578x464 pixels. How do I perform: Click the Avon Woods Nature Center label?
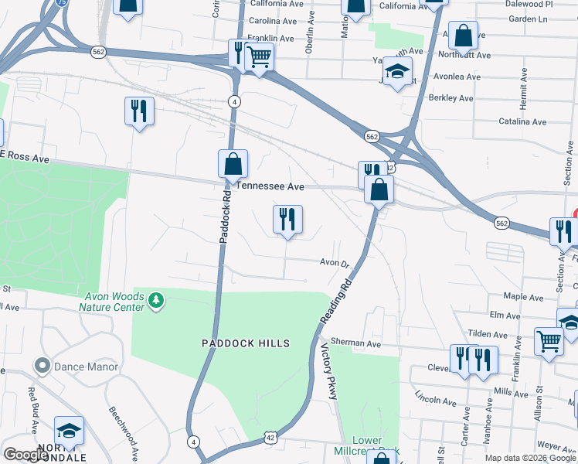113,302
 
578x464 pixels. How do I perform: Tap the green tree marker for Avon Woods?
157,299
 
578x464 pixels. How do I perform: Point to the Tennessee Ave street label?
270,186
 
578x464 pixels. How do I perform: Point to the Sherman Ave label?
355,343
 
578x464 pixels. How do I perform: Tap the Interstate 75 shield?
61,3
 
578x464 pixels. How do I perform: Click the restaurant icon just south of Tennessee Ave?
287,220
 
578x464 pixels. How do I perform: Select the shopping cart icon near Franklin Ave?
260,56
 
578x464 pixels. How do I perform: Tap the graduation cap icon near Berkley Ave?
398,72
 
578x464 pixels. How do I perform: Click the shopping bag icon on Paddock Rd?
233,165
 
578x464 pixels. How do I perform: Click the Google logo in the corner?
26,455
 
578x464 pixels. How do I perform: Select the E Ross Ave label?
25,158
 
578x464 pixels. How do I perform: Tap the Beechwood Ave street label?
124,432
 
